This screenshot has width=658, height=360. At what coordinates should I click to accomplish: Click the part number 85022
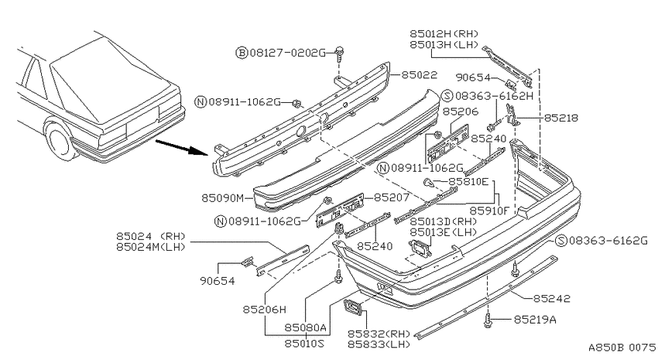coord(420,74)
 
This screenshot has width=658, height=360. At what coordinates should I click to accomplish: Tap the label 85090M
coord(222,197)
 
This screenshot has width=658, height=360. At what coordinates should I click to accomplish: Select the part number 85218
coord(560,118)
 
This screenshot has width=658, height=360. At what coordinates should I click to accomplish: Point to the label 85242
coord(551,298)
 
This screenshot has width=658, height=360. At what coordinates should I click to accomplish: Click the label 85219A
coord(535,320)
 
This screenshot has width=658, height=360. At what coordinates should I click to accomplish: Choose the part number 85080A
coord(305,327)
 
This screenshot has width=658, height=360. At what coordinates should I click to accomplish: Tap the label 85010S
coord(305,343)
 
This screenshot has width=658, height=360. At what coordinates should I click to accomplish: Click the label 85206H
coord(265,310)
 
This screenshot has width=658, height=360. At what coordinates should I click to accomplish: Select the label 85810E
coord(469,182)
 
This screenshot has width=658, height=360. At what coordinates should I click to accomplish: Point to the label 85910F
coord(488,211)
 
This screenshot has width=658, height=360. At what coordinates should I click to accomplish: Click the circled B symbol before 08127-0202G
coord(242,53)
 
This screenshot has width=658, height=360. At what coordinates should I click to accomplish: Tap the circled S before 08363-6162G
coord(560,241)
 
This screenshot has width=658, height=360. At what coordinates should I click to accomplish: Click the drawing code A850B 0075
coord(622,348)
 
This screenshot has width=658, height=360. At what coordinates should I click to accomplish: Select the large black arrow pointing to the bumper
coord(182,148)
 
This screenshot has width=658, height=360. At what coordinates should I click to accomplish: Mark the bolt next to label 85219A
coord(487,321)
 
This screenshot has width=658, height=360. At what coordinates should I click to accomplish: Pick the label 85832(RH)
coord(379,334)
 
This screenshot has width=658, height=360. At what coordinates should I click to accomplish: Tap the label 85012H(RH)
coord(444,33)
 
